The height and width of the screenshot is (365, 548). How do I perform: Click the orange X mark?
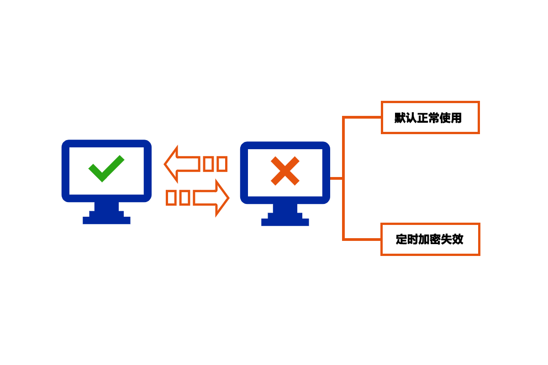tap(285, 171)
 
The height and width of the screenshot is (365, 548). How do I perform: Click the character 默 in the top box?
tap(400, 118)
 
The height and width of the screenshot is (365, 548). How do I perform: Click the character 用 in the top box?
tap(456, 118)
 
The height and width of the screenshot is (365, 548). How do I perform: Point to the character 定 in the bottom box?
tap(401, 240)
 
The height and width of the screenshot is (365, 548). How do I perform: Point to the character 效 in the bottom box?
tap(458, 240)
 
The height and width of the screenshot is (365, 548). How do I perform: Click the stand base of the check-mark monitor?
tap(106, 220)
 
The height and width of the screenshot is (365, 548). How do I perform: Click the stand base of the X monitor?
tap(285, 222)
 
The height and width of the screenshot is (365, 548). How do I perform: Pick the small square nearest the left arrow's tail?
tap(208, 164)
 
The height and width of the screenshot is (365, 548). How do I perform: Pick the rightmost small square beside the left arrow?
tap(222, 164)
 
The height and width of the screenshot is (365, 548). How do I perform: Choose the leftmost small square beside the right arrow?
tap(171, 198)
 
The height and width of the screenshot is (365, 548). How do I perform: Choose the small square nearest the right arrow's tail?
tap(184, 198)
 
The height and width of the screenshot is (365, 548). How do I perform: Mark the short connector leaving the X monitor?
tap(337, 178)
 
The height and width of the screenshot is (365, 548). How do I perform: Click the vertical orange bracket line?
tap(343, 178)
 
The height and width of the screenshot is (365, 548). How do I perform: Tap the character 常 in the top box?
tap(434, 118)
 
